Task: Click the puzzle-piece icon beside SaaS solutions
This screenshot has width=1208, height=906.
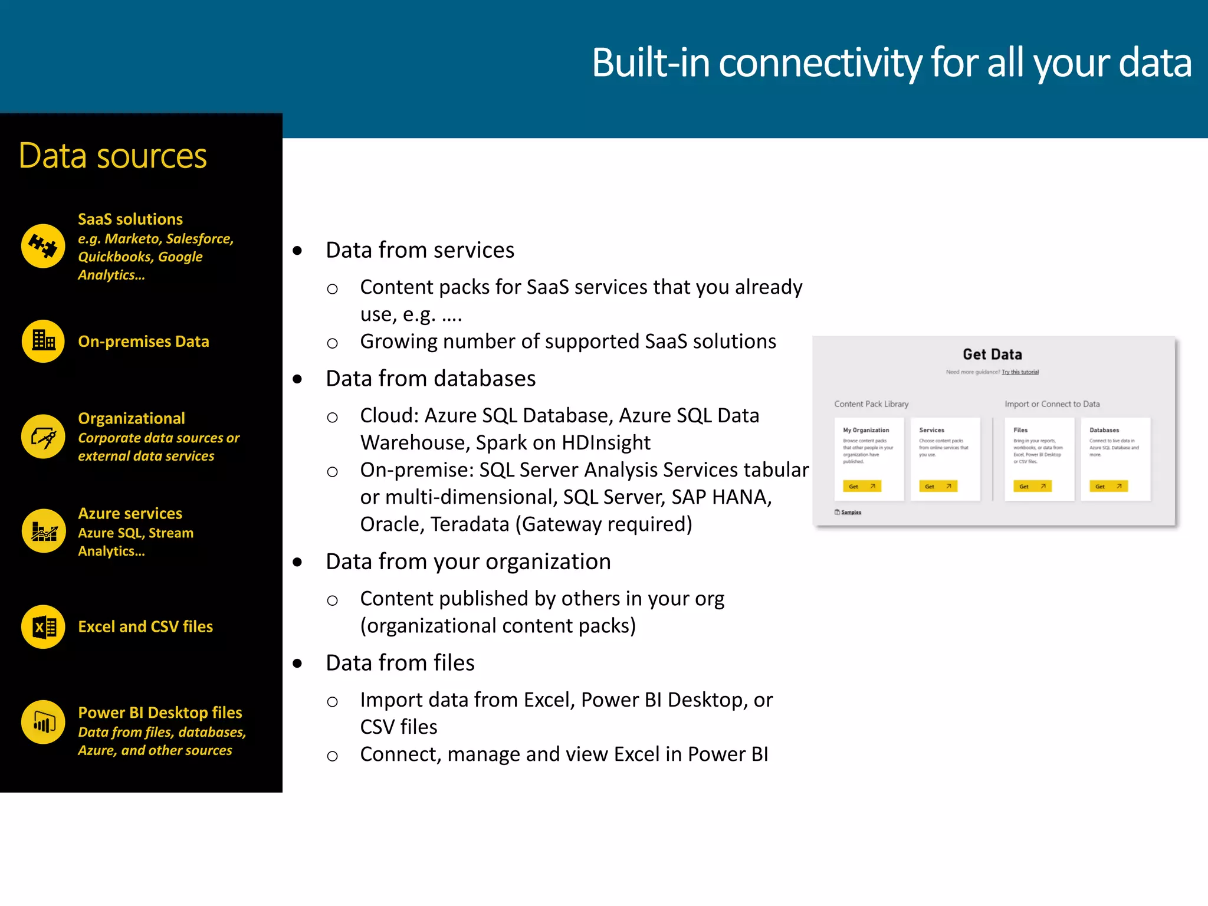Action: pos(43,246)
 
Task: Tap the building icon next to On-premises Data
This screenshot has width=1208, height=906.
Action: pos(43,341)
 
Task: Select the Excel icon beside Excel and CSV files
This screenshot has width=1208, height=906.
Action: pos(43,626)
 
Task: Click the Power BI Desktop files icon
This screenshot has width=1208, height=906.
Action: pos(43,722)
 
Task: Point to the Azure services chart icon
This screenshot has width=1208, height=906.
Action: pos(43,531)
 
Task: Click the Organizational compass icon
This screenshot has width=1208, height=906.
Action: pos(43,436)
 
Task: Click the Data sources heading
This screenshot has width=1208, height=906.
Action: pos(113,156)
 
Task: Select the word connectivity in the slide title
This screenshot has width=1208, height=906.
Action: pos(820,63)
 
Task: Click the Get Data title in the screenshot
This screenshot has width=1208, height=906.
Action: pos(992,354)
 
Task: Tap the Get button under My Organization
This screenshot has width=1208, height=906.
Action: pos(862,486)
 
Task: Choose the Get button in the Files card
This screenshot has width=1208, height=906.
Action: pos(1032,486)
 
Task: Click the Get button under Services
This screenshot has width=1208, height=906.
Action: pos(938,486)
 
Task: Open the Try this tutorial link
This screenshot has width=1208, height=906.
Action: pos(1020,372)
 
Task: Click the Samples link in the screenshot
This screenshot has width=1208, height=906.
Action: pos(851,512)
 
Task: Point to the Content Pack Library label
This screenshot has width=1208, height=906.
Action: pos(871,404)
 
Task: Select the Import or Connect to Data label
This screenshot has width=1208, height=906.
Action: pos(1052,404)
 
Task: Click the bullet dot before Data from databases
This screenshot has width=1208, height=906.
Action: pos(297,379)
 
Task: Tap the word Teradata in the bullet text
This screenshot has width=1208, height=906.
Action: pos(470,524)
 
